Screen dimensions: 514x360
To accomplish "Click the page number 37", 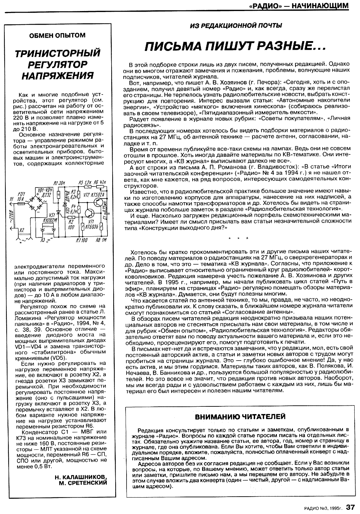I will point(350,507).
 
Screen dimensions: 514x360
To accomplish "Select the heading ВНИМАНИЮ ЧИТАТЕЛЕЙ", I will point(239,416).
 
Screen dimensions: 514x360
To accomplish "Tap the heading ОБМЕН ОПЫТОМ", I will point(57,35).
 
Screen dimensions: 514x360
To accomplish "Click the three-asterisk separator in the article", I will point(238,238).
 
